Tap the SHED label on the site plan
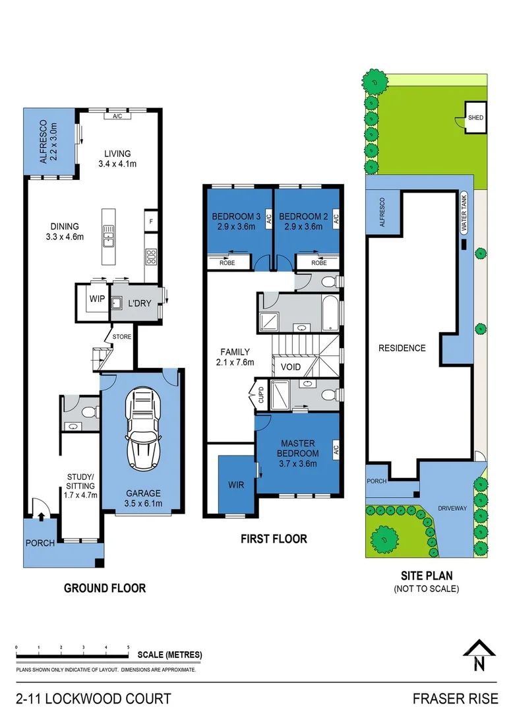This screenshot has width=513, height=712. (475, 118)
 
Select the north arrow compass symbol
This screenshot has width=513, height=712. (479, 656)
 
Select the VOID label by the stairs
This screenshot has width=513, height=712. (290, 367)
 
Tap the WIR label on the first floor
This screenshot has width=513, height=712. (236, 485)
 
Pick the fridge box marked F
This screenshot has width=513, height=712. (151, 222)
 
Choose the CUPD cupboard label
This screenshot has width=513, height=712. (260, 394)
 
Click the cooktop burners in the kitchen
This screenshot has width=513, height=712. (150, 256)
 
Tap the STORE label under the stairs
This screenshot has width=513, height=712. (122, 337)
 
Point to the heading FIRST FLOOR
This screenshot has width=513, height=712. (274, 539)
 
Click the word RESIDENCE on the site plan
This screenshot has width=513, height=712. (401, 348)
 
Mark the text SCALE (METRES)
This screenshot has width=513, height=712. (170, 655)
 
